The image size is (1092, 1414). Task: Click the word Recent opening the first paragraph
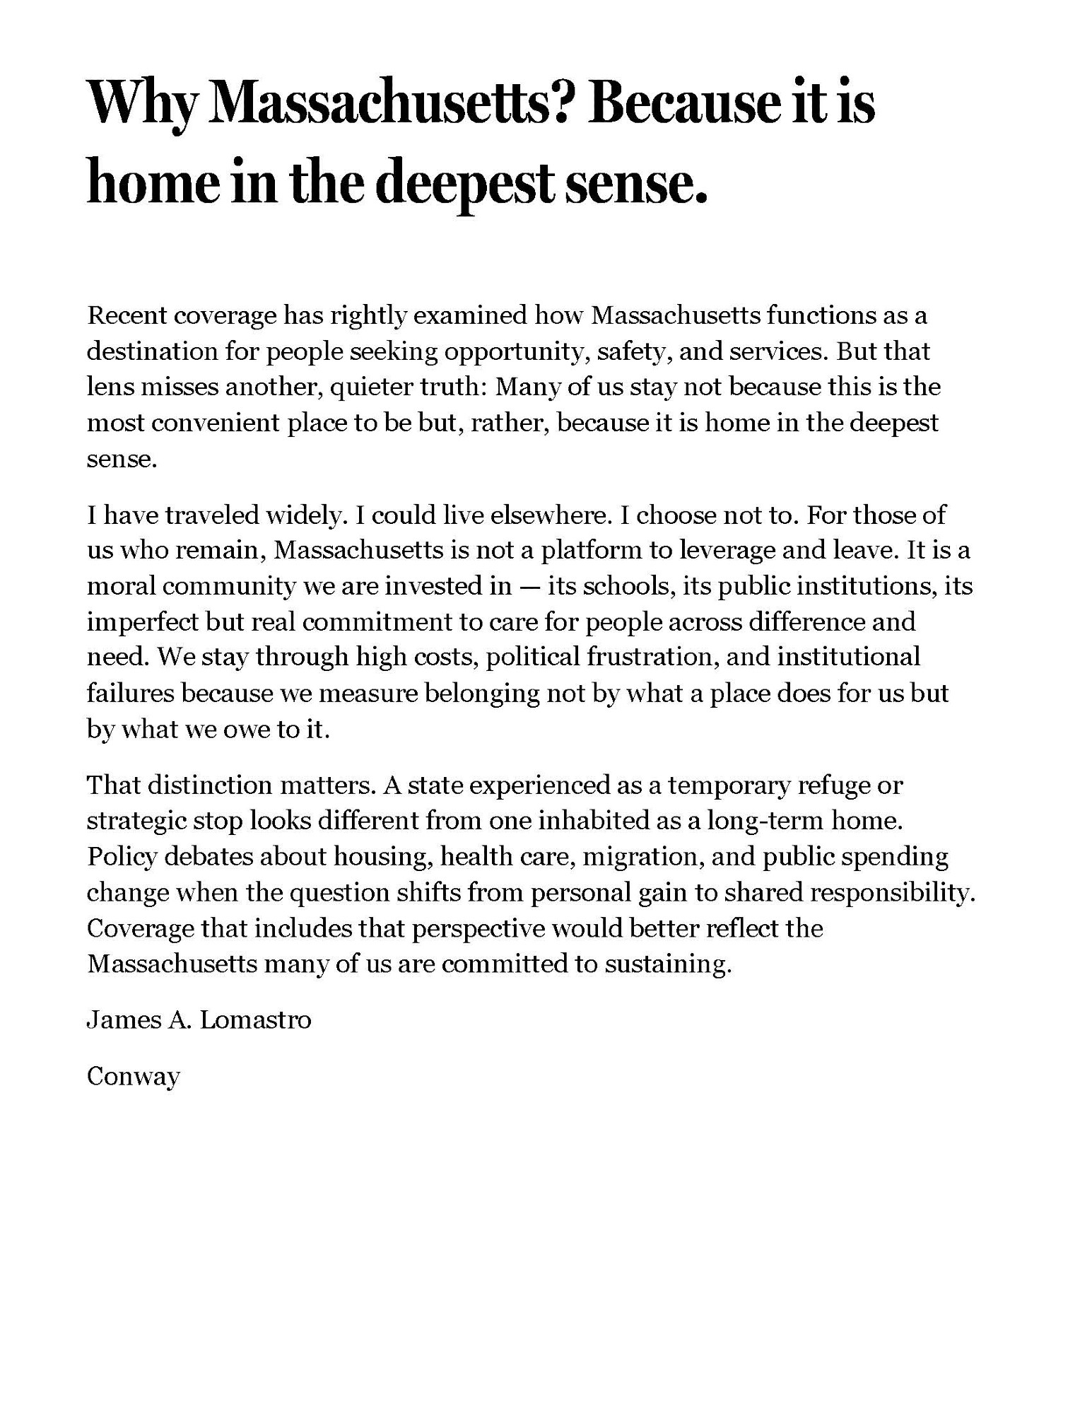tap(125, 315)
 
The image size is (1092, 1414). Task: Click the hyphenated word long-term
tap(765, 821)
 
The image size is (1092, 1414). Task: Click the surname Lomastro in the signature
tap(254, 1019)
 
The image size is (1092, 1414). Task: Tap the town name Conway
tap(134, 1077)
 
